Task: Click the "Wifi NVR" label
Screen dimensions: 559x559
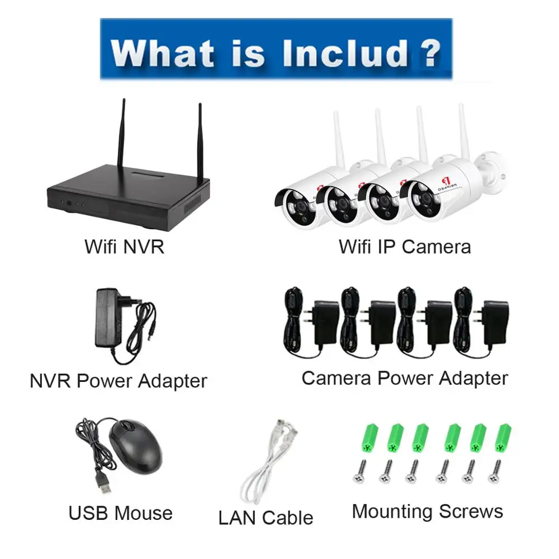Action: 124,247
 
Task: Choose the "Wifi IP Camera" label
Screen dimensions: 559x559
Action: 405,247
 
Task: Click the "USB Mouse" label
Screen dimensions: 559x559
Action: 120,513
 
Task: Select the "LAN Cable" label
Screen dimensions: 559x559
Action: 266,518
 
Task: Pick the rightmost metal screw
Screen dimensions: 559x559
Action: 494,471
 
